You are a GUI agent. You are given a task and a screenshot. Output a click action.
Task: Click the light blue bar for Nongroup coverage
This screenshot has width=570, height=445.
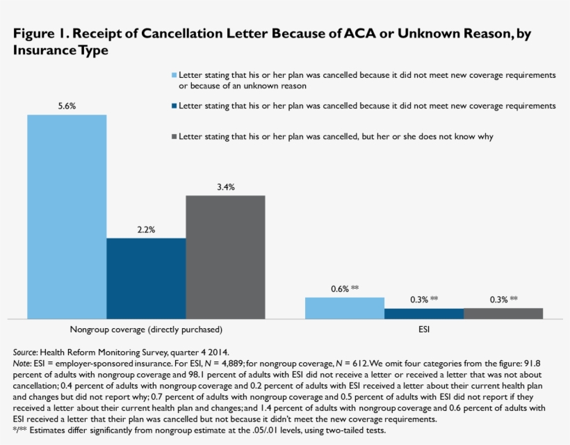pyautogui.click(x=67, y=216)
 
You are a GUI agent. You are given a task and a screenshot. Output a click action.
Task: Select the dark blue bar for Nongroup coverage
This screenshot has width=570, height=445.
pyautogui.click(x=146, y=278)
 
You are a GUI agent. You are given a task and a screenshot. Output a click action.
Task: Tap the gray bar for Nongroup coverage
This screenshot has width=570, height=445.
pyautogui.click(x=225, y=257)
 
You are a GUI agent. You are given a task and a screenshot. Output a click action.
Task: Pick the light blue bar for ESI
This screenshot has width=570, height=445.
pyautogui.click(x=345, y=308)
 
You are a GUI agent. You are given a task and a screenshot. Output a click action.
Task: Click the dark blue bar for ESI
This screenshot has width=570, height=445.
pyautogui.click(x=424, y=314)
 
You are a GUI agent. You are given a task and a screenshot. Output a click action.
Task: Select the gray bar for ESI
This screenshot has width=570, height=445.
pyautogui.click(x=503, y=314)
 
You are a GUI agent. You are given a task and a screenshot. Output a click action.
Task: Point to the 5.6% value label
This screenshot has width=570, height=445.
pyautogui.click(x=67, y=106)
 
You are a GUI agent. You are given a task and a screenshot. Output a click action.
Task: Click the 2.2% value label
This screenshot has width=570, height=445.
pyautogui.click(x=146, y=229)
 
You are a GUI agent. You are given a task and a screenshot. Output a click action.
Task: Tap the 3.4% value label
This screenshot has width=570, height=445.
pyautogui.click(x=225, y=186)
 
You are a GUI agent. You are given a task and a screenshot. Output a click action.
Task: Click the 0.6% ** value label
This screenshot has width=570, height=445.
pyautogui.click(x=345, y=288)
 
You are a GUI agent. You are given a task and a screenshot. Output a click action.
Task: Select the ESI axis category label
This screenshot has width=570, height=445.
pyautogui.click(x=424, y=329)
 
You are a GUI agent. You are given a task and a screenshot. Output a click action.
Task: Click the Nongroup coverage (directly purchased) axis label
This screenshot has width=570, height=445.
pyautogui.click(x=146, y=329)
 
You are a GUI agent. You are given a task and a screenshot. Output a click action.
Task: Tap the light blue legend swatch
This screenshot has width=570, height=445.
pyautogui.click(x=174, y=74)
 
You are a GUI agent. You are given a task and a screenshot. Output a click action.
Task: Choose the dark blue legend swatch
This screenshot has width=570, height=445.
pyautogui.click(x=174, y=106)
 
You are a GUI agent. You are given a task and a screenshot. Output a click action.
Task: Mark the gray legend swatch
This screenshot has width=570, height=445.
pyautogui.click(x=174, y=137)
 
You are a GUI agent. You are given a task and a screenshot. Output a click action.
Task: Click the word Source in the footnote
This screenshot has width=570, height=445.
pyautogui.click(x=25, y=352)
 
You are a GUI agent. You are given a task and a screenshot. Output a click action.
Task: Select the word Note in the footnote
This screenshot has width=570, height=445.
pyautogui.click(x=22, y=363)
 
